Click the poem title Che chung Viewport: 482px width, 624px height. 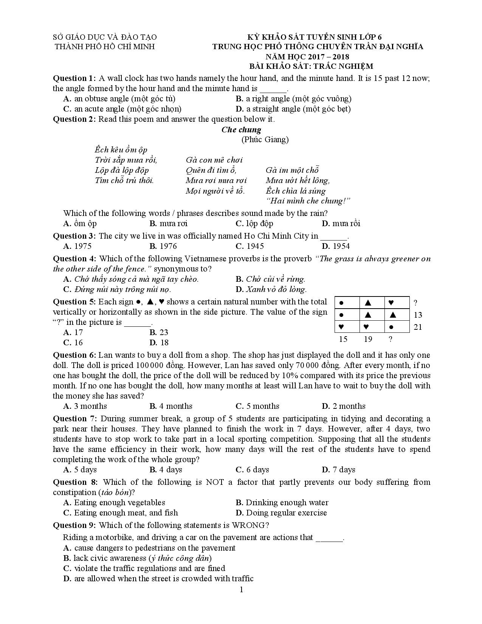pos(241,130)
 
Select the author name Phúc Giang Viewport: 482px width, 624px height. pos(265,140)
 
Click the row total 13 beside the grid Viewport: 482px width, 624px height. pos(418,315)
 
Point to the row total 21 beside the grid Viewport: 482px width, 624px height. pos(418,327)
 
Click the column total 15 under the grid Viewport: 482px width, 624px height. pos(343,339)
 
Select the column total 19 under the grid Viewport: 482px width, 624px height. pos(368,339)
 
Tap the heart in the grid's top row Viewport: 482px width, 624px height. pos(391,303)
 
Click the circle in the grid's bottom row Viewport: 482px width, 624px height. pos(391,327)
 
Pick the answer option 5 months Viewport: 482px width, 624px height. pos(257,406)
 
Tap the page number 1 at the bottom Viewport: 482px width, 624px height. pos(241,590)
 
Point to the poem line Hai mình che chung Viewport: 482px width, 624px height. pos(308,201)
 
